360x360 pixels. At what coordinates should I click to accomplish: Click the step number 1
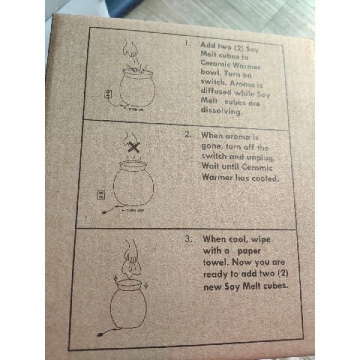pos(187,44)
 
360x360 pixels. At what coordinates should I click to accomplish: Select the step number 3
pos(190,239)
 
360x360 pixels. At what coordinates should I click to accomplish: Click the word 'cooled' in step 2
pos(260,178)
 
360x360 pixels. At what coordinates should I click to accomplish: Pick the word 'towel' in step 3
pos(217,264)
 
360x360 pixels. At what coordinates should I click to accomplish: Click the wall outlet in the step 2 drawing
pos(102,195)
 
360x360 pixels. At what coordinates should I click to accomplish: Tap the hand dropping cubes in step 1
pos(132,54)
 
